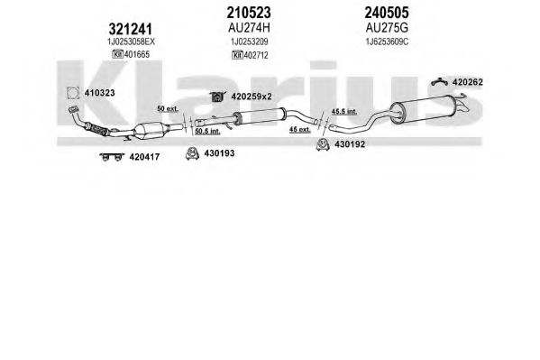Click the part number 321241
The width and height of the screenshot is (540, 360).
tap(130, 29)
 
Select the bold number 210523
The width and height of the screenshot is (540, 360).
tap(249, 13)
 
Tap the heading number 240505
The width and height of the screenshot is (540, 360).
tap(387, 13)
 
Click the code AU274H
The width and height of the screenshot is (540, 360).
tap(249, 28)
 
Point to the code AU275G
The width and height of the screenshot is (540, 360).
tap(387, 28)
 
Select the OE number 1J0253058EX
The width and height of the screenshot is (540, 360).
tap(131, 42)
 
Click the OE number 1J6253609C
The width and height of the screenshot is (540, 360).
tap(387, 42)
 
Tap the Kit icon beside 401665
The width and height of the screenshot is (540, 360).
tap(117, 54)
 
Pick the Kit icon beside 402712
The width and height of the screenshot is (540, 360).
tap(238, 55)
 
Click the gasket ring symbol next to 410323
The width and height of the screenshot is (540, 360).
tap(73, 93)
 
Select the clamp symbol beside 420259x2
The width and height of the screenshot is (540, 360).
tap(217, 97)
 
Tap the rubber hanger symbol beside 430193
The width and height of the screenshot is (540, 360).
tap(192, 153)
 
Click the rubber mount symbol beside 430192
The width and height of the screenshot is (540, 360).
tap(323, 144)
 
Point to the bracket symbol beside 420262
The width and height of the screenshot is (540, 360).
tap(439, 81)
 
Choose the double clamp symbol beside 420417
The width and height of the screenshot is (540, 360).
tap(112, 157)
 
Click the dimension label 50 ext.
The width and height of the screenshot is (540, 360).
tap(168, 108)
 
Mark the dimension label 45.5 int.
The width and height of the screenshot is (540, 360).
tap(344, 111)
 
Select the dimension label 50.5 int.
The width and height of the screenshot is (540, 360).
tap(207, 132)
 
